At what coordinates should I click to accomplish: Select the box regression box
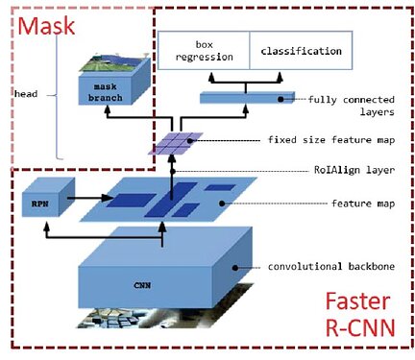pyautogui.click(x=202, y=50)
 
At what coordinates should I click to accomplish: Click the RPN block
pyautogui.click(x=39, y=203)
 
